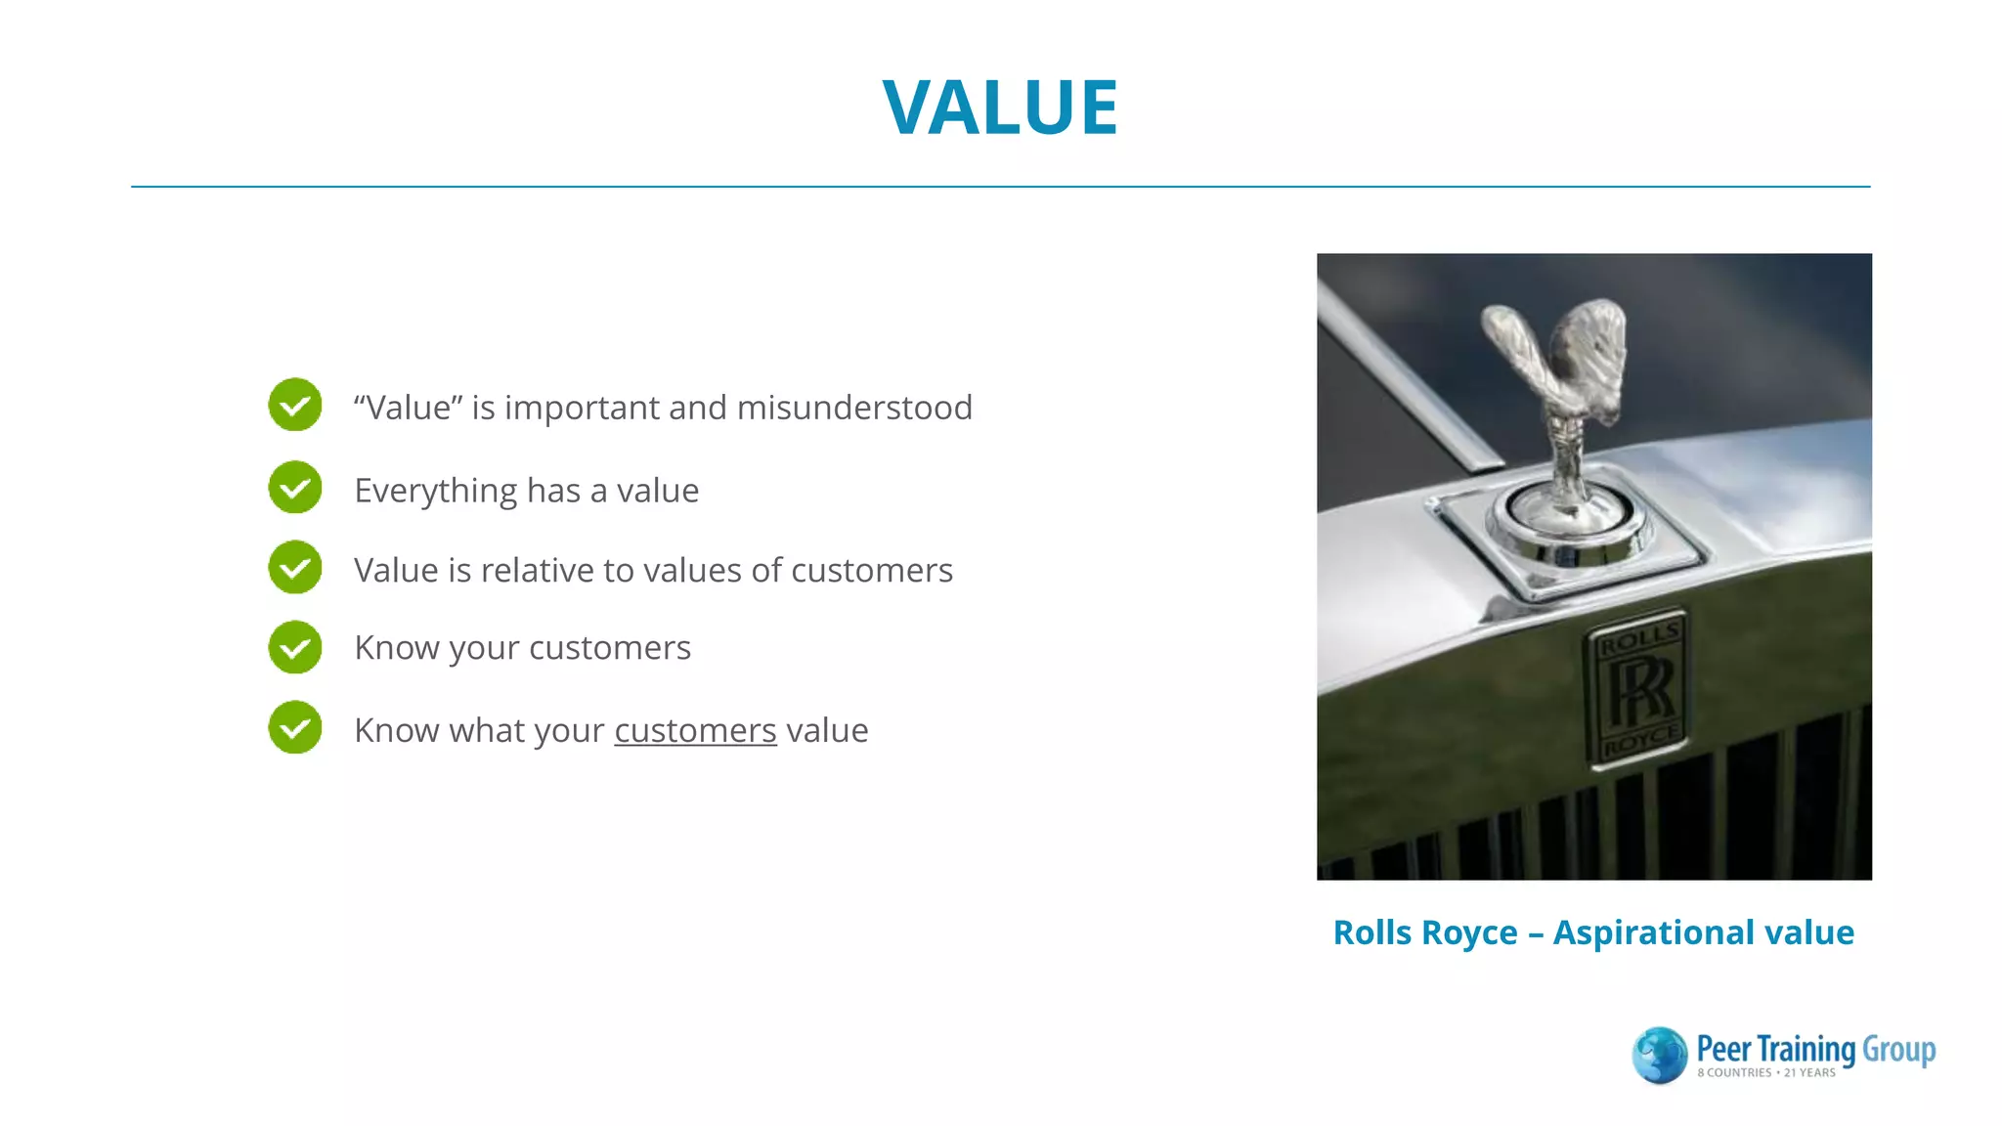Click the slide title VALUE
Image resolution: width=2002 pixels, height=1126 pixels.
pyautogui.click(x=1000, y=107)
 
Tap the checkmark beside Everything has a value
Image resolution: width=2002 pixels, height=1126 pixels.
pyautogui.click(x=295, y=488)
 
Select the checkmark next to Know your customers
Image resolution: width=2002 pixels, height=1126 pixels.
pyautogui.click(x=295, y=647)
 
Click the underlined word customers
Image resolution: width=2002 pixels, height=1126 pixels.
pyautogui.click(x=695, y=730)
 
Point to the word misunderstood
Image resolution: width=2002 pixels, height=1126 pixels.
pyautogui.click(x=854, y=408)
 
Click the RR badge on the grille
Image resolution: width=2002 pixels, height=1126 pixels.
pyautogui.click(x=1640, y=688)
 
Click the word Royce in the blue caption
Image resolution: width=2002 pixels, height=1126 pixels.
pyautogui.click(x=1474, y=933)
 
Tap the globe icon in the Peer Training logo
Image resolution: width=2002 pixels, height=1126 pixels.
pyautogui.click(x=1659, y=1055)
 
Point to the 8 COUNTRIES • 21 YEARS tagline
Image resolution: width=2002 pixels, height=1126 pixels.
pyautogui.click(x=1765, y=1073)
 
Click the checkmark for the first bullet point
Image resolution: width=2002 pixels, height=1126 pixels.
pyautogui.click(x=295, y=405)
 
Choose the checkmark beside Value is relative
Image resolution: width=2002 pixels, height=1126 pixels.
pyautogui.click(x=295, y=568)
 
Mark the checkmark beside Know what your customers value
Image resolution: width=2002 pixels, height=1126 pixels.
pyautogui.click(x=295, y=727)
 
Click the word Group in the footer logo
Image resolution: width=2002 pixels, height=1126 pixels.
pyautogui.click(x=1898, y=1050)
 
